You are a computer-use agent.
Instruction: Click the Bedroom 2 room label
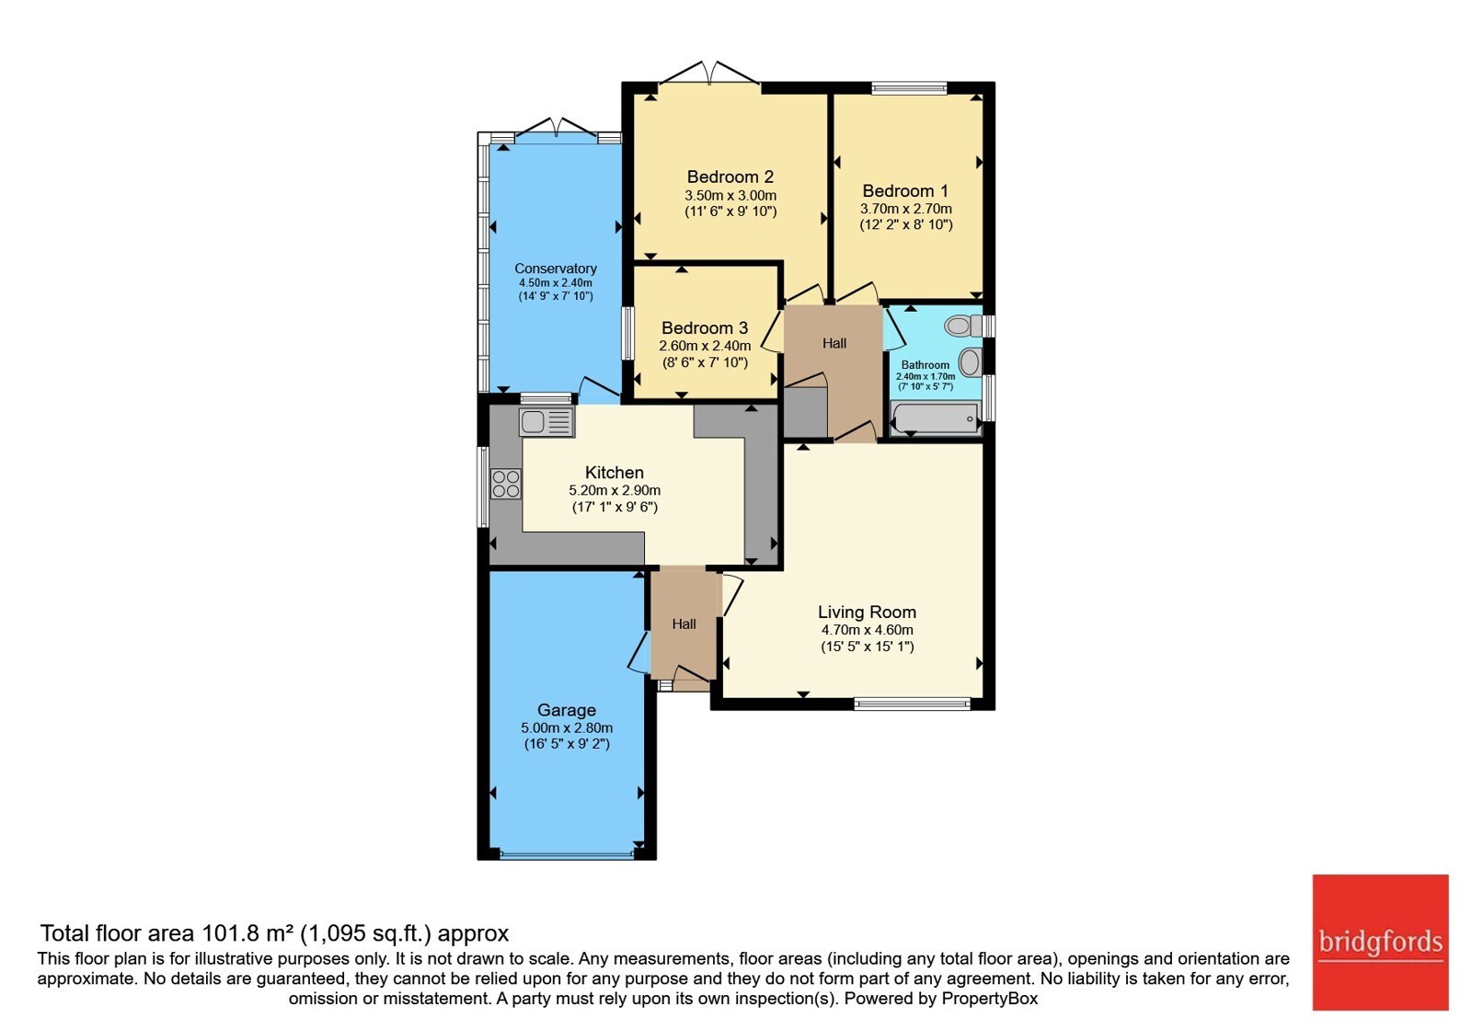point(730,177)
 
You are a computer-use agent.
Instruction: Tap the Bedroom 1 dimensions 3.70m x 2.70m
point(905,209)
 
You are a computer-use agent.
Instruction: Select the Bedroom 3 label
point(705,327)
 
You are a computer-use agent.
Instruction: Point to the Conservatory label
point(556,269)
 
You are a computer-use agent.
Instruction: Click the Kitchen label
point(615,473)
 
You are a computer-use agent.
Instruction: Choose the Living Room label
point(867,612)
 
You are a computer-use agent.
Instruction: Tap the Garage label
point(567,710)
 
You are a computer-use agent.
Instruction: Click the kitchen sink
point(546,422)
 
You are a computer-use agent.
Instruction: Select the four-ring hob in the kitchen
point(506,484)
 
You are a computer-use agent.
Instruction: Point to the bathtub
point(936,418)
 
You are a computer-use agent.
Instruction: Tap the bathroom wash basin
point(970,362)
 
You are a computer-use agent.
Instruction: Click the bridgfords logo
point(1381,942)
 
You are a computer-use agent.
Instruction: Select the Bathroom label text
point(926,365)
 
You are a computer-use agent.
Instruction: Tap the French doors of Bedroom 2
point(709,73)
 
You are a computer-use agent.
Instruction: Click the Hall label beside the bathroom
point(834,344)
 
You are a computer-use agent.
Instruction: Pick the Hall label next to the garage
point(684,624)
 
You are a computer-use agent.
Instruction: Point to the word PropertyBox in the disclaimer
point(990,999)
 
